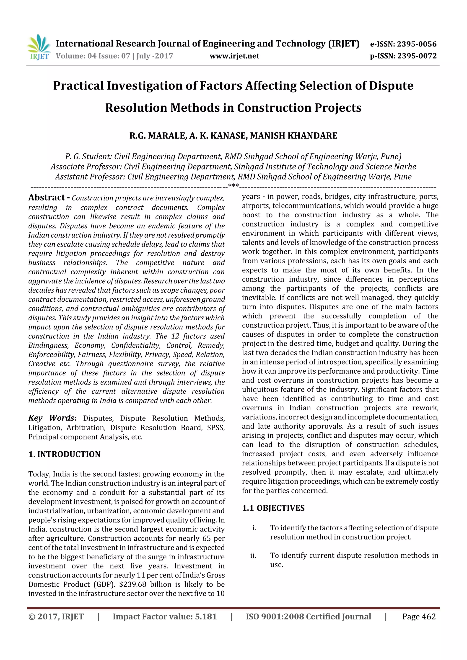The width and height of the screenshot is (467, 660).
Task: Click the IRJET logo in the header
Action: click(39, 47)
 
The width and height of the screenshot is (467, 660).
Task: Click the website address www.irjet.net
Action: click(234, 56)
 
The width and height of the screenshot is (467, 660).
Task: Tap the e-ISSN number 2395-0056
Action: click(417, 44)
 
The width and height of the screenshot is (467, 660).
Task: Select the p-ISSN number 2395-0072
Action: click(417, 56)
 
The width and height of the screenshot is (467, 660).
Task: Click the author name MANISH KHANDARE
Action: click(293, 136)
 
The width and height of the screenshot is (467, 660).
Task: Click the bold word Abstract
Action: click(47, 198)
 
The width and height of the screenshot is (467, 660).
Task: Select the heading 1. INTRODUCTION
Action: click(65, 455)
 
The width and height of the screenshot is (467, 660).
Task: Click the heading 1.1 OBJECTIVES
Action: click(273, 508)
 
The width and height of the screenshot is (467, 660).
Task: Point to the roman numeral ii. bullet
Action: click(253, 556)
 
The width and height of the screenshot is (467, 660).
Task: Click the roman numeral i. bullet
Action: click(254, 528)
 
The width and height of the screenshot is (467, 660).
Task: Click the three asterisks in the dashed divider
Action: click(233, 186)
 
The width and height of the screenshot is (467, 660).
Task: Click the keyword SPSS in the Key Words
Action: click(216, 428)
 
